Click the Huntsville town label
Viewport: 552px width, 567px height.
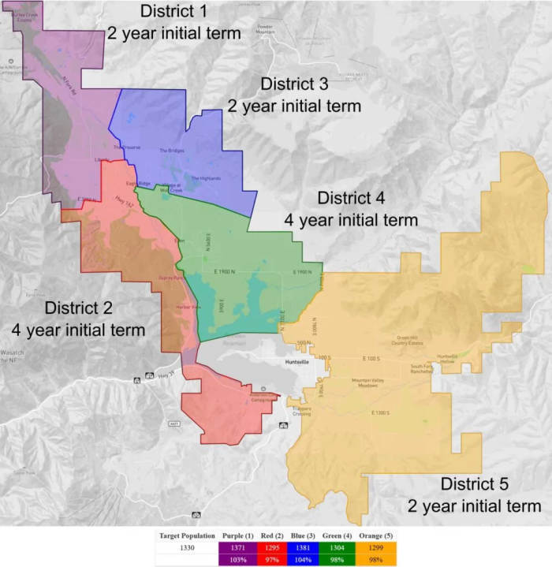tap(299, 361)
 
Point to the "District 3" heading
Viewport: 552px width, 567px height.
tap(294, 84)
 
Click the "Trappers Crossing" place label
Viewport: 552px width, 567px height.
tap(303, 411)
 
